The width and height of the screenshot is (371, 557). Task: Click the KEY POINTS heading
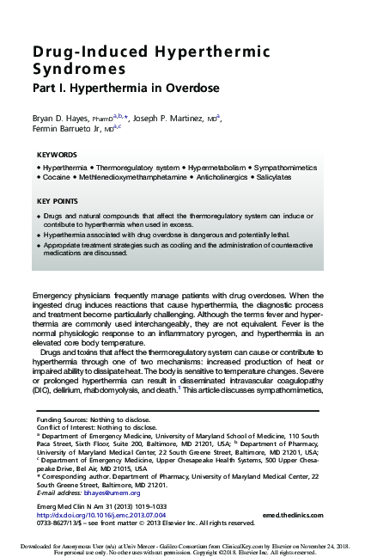click(x=58, y=201)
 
